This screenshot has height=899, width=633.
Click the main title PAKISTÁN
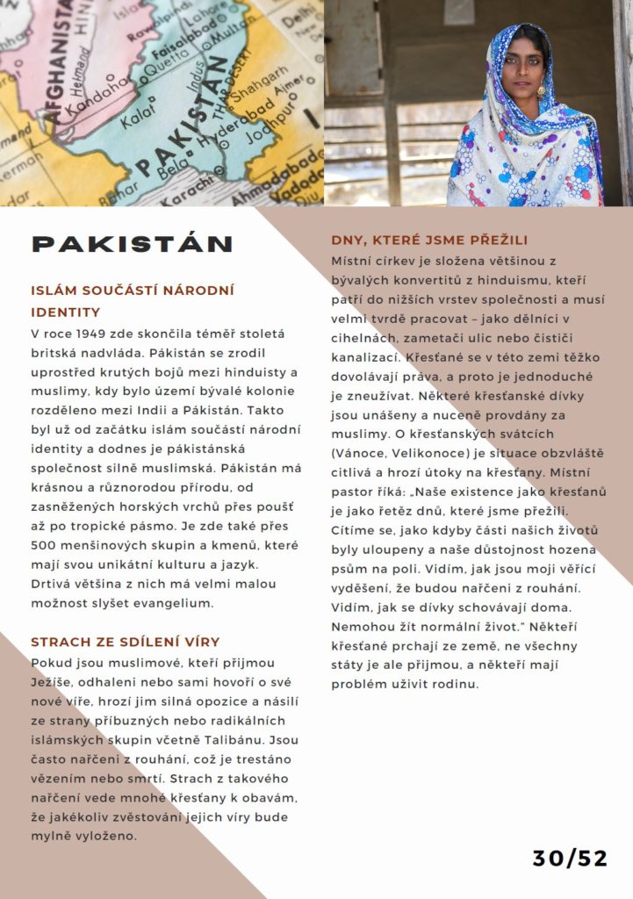132,243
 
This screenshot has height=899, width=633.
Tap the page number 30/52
570,858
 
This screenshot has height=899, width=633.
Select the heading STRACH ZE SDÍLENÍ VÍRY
125,642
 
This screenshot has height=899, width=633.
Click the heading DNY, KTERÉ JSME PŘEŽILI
442,240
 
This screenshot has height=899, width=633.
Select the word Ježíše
51,681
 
